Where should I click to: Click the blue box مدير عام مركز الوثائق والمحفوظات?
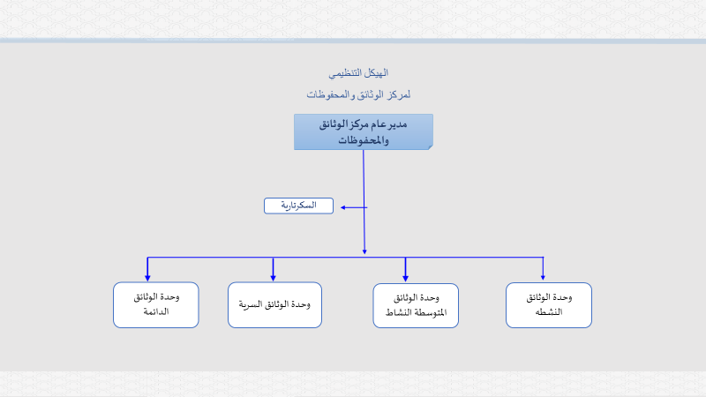click(364, 131)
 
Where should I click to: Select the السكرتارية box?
click(298, 206)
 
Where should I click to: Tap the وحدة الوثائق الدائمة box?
click(156, 304)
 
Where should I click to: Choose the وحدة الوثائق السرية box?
click(274, 304)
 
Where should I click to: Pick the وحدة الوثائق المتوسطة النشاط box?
click(416, 305)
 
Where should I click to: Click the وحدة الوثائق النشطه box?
click(549, 305)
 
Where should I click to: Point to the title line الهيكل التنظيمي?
click(358, 73)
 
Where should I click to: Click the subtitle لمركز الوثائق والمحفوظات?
click(358, 94)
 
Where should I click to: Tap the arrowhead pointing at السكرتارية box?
click(343, 207)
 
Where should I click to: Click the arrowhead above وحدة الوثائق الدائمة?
click(147, 278)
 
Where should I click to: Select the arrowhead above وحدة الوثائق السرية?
click(273, 278)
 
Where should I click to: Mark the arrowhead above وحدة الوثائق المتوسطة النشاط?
click(405, 278)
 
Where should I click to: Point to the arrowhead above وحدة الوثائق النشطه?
click(543, 277)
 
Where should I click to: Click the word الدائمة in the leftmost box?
click(156, 311)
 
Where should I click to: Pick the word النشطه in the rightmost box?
click(549, 312)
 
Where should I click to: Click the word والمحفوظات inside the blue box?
click(364, 140)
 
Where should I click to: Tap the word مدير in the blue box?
click(398, 124)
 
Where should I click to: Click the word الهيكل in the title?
click(378, 73)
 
